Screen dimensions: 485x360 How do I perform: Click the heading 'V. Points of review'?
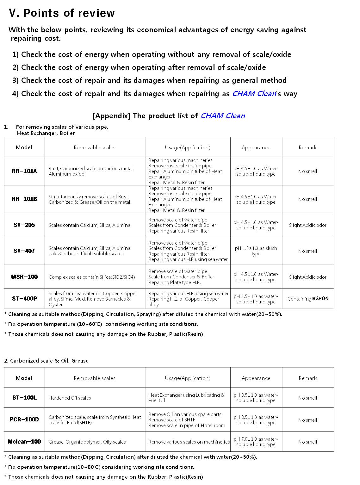point(62,13)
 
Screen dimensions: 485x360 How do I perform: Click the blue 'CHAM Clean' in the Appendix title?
point(223,116)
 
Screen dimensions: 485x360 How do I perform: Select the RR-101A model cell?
point(24,171)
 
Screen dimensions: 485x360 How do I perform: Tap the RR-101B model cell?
point(24,199)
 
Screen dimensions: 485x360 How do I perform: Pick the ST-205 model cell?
point(24,225)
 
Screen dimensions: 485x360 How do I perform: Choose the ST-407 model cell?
point(24,251)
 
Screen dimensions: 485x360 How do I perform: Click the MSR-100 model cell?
point(24,277)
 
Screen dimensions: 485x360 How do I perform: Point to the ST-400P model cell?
point(24,299)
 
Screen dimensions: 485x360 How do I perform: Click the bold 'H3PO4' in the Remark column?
point(320,299)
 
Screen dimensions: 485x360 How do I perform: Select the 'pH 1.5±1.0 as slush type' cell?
point(256,251)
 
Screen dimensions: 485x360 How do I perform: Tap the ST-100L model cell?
point(24,398)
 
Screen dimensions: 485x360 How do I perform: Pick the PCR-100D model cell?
point(24,420)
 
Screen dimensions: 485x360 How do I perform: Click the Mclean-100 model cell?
point(24,442)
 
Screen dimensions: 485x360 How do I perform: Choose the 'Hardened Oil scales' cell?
point(70,398)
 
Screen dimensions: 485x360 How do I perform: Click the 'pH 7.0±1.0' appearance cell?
point(256,442)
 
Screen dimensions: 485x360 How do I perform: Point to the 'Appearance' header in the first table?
point(256,147)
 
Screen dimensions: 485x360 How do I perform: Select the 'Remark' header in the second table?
point(307,378)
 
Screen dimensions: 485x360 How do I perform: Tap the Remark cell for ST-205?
point(307,225)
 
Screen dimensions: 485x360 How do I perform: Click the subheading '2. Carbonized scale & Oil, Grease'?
point(46,361)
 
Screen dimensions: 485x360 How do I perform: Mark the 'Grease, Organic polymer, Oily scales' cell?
point(87,442)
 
